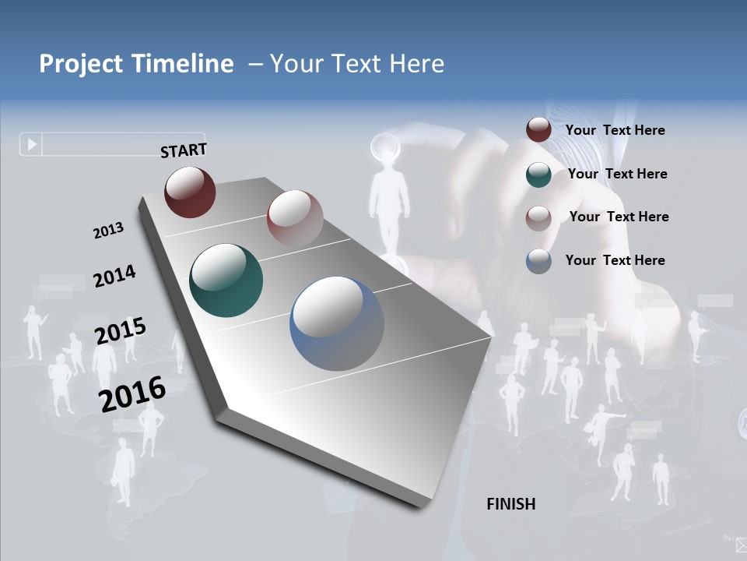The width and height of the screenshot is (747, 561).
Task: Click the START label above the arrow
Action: click(x=184, y=150)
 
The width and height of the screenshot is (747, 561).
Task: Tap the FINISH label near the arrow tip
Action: click(x=511, y=504)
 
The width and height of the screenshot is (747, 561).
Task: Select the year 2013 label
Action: click(x=108, y=231)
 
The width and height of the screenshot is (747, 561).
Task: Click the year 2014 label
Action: click(x=114, y=276)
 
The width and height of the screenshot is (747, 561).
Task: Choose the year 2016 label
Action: click(x=132, y=393)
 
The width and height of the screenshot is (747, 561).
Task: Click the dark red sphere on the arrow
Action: click(x=190, y=192)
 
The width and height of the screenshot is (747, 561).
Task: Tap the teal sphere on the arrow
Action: click(x=226, y=280)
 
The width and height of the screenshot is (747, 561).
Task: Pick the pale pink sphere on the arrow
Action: click(x=295, y=217)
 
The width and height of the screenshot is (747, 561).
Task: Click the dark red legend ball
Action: click(x=538, y=130)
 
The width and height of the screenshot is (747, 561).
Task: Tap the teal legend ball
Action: click(x=538, y=175)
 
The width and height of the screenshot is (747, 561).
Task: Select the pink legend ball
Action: click(x=538, y=217)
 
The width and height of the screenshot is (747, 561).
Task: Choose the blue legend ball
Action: click(x=538, y=261)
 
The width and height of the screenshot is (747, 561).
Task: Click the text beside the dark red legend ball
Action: click(x=615, y=130)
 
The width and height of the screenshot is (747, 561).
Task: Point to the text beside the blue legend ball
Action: click(x=615, y=260)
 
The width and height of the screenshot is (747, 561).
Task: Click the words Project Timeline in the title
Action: click(x=136, y=64)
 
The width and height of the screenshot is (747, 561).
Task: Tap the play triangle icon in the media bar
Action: click(x=32, y=144)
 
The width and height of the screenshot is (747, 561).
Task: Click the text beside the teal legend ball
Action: click(x=617, y=174)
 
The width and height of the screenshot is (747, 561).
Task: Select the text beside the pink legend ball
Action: click(x=619, y=217)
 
